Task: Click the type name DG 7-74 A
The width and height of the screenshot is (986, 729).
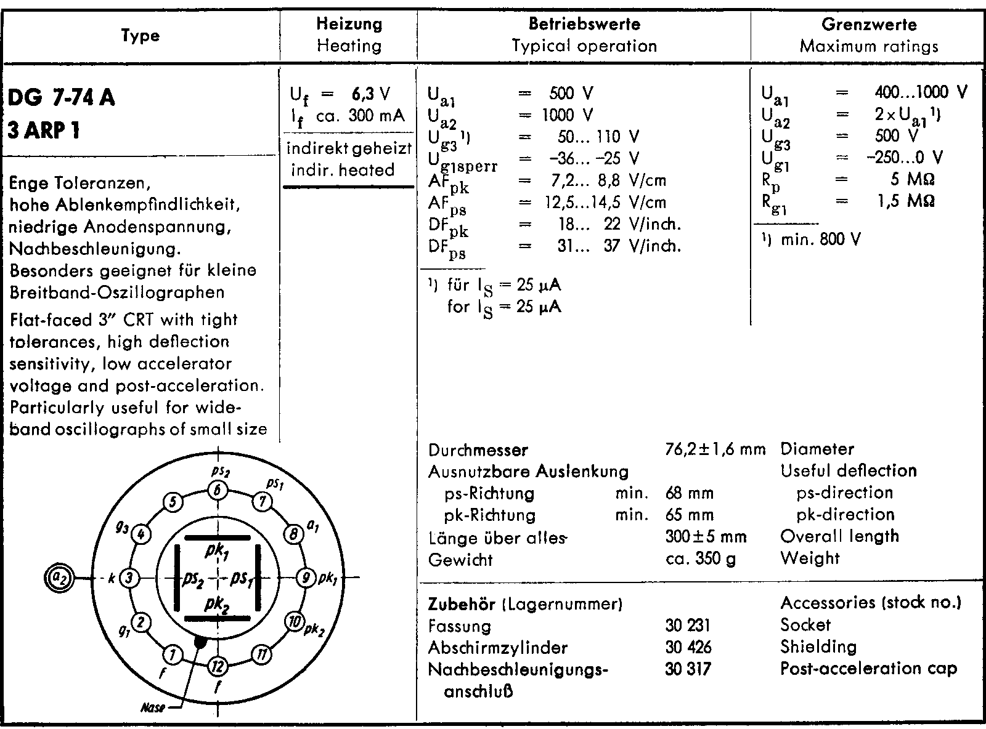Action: click(x=62, y=98)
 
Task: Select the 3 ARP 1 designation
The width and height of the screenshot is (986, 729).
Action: click(x=44, y=130)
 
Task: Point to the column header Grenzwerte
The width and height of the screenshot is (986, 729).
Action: click(x=868, y=25)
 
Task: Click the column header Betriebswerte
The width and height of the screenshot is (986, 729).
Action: click(x=584, y=25)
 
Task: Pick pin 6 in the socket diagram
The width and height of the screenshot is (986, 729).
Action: click(x=218, y=490)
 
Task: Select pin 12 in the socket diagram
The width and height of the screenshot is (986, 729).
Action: click(x=218, y=666)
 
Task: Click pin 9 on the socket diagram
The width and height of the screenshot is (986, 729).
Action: click(x=306, y=578)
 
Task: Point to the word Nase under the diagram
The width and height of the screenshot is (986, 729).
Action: click(x=153, y=708)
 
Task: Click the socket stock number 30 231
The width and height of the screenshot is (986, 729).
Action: click(x=688, y=626)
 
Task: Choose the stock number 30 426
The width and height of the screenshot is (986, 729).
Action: click(x=688, y=647)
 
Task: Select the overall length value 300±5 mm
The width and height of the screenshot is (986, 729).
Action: click(x=706, y=537)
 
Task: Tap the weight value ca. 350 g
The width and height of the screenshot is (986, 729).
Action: click(x=701, y=559)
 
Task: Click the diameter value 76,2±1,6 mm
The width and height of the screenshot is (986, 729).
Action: click(x=715, y=449)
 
